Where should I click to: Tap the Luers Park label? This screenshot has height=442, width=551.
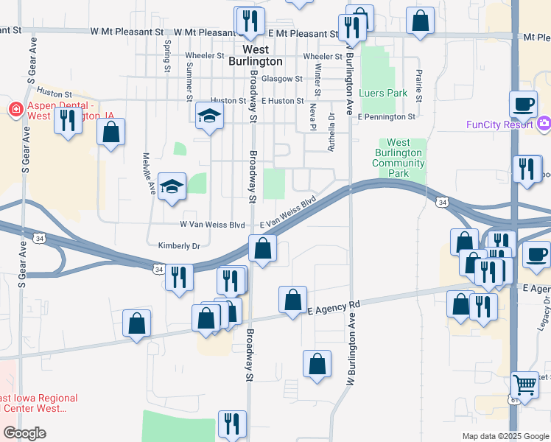pyautogui.click(x=383, y=94)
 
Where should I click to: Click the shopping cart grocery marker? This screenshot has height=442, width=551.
pyautogui.click(x=524, y=384)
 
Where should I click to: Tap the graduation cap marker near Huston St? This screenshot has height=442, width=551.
pyautogui.click(x=209, y=116)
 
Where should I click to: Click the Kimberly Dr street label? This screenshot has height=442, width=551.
pyautogui.click(x=179, y=245)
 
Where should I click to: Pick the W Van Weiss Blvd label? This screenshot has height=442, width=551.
pyautogui.click(x=212, y=224)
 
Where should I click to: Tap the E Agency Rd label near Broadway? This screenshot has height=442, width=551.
pyautogui.click(x=333, y=306)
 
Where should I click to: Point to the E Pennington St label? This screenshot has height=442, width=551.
pyautogui.click(x=387, y=116)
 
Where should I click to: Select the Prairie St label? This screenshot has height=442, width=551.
pyautogui.click(x=418, y=85)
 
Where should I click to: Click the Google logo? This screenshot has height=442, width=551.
pyautogui.click(x=25, y=433)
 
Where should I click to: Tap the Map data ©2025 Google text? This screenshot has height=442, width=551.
pyautogui.click(x=505, y=436)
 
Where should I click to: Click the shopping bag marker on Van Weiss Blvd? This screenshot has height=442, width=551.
pyautogui.click(x=263, y=249)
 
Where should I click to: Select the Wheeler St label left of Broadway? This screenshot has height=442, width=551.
pyautogui.click(x=205, y=55)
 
